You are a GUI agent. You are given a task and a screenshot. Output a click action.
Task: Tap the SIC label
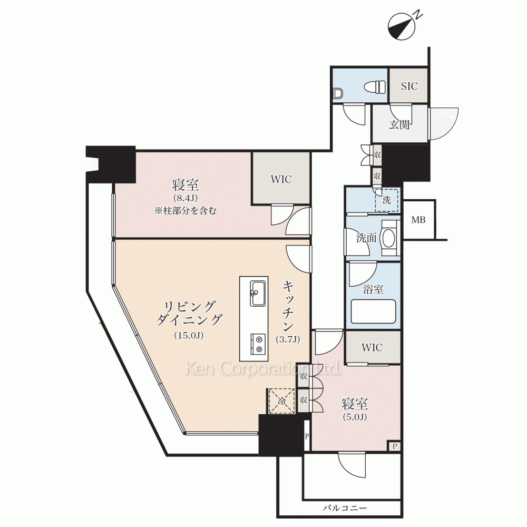409,86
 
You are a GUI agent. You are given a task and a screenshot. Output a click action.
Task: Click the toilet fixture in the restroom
374,87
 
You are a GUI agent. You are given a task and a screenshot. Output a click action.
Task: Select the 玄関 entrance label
399,125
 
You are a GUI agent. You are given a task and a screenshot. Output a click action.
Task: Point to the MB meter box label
418,220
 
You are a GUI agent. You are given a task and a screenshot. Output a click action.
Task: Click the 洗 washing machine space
386,200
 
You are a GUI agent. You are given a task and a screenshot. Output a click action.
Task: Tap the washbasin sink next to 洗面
389,238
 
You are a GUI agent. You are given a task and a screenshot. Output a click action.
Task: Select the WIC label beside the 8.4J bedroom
281,179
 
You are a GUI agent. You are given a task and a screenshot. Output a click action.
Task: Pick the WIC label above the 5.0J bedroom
372,347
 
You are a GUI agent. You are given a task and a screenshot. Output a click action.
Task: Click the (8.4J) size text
185,198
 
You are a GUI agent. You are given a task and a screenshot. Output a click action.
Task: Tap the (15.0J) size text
189,335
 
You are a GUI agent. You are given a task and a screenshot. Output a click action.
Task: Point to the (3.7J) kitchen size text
288,339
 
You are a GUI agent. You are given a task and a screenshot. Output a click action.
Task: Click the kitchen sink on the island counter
258,293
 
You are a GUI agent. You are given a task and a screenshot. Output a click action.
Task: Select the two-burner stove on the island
258,344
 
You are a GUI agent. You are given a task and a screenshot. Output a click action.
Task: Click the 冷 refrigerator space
281,401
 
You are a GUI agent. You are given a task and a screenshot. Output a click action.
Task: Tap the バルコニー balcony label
345,508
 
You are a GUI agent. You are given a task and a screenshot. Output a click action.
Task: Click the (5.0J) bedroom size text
355,417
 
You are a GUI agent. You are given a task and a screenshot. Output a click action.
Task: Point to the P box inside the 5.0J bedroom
395,446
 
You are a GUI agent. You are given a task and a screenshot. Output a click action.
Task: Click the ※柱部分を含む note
186,211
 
